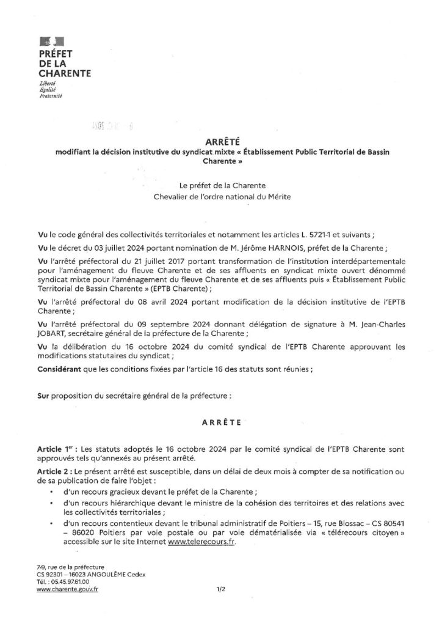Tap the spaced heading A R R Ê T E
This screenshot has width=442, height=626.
tap(221, 422)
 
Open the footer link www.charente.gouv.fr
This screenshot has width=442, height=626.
tap(67, 589)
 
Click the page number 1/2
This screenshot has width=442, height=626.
tap(221, 589)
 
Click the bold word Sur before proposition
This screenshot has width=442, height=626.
tap(43, 396)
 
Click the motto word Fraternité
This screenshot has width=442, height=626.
tap(51, 96)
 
